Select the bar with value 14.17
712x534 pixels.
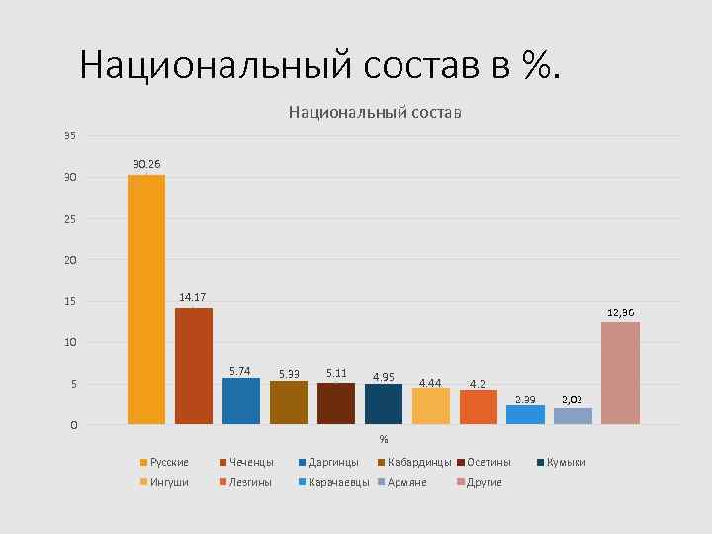coord(194,366)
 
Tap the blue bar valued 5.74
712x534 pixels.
coord(241,400)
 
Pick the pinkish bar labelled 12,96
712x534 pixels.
coord(620,373)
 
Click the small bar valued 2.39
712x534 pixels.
coord(525,414)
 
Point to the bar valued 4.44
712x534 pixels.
coord(430,405)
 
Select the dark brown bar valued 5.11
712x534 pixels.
coord(336,402)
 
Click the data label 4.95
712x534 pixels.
coord(383,376)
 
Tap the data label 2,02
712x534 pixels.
coord(573,400)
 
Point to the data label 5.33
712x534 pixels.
coord(289,374)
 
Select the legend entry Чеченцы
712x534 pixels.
coord(250,462)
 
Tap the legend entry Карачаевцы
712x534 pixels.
coord(339,482)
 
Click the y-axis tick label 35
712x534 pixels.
coord(69,135)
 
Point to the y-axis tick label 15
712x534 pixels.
coord(69,301)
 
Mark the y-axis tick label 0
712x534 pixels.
coord(72,425)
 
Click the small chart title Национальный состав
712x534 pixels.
coord(375,113)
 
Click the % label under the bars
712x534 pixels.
coord(384,439)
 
